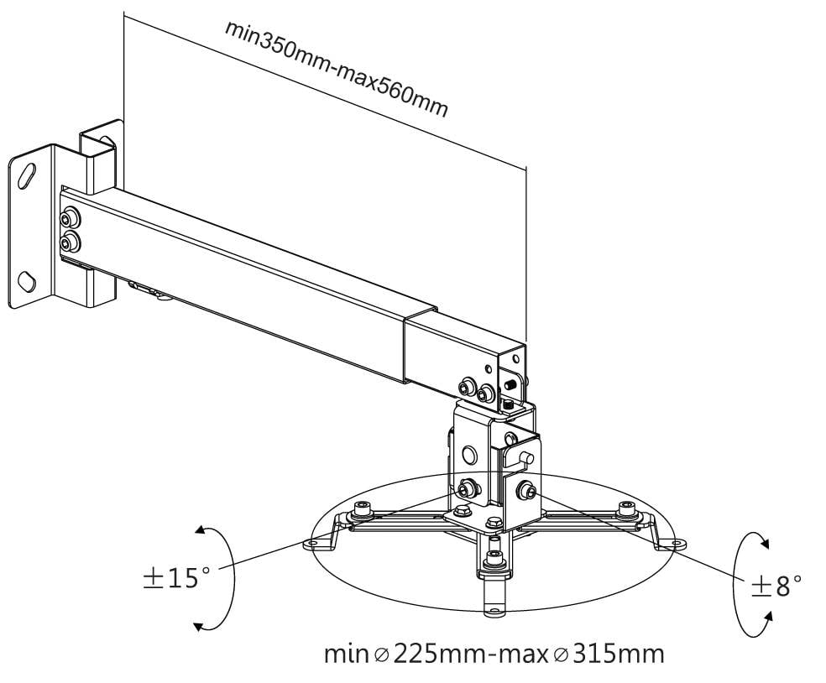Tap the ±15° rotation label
175,578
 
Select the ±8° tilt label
776,585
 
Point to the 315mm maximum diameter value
614,654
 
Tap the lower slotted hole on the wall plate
28,279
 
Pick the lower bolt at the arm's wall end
68,244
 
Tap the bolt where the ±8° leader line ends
528,492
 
